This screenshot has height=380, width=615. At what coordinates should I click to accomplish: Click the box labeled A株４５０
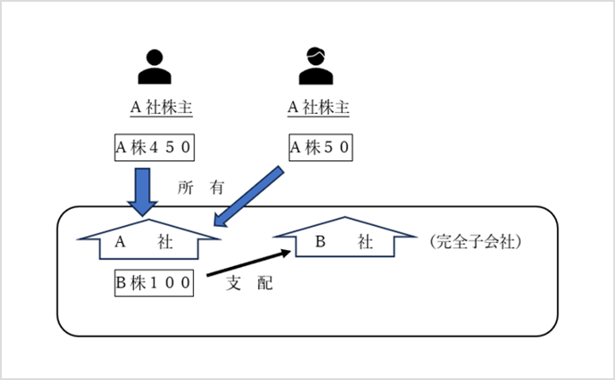click(155, 147)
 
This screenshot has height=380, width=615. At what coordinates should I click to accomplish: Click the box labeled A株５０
click(319, 147)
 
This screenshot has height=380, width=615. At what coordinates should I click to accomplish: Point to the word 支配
click(249, 282)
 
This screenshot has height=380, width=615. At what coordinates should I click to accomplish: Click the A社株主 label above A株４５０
click(160, 109)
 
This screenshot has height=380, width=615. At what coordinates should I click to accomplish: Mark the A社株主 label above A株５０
click(318, 109)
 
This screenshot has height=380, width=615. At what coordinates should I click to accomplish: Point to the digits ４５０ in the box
click(171, 147)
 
